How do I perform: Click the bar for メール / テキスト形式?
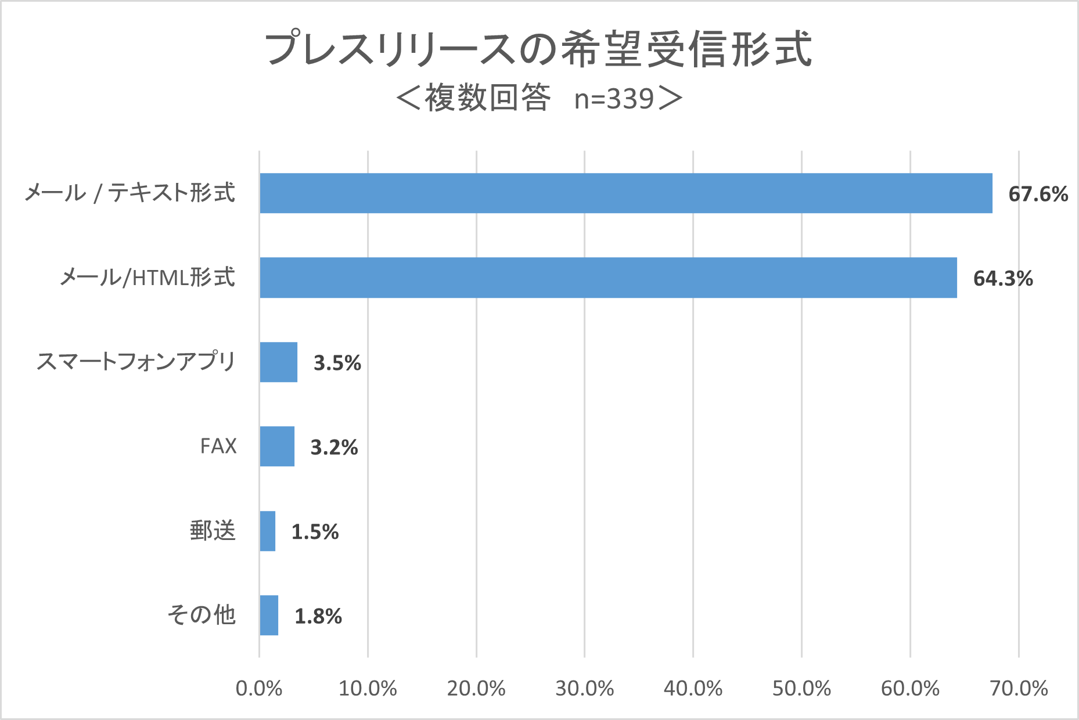tap(625, 193)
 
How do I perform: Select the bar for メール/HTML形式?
tap(608, 278)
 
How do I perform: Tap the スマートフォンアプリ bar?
tap(279, 362)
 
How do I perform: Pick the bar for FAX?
tap(277, 446)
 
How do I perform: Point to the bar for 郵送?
tap(268, 531)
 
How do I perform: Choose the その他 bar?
tap(269, 615)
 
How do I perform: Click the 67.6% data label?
tap(1038, 194)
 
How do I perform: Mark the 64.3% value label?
tap(1003, 279)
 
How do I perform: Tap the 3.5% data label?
tap(337, 363)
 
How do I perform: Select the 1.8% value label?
tap(318, 616)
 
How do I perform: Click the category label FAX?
tap(218, 446)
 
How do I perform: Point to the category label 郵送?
tap(213, 531)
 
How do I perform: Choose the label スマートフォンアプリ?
tap(136, 362)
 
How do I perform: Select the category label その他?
tap(201, 615)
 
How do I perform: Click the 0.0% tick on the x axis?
tap(259, 689)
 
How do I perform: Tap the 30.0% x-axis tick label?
tap(585, 689)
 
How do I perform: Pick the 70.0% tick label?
tap(1019, 689)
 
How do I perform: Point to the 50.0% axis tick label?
tap(801, 689)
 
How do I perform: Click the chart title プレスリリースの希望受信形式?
tap(538, 49)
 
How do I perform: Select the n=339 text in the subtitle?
tap(614, 99)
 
